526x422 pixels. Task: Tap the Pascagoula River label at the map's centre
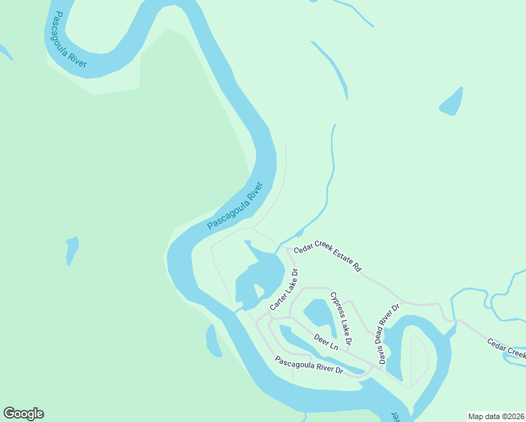point(236,206)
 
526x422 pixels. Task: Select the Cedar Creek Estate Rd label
point(328,257)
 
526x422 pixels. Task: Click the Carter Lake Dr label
point(285,290)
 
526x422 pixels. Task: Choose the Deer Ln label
point(326,342)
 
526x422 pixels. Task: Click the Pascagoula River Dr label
point(308,365)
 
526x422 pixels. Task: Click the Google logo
point(23,414)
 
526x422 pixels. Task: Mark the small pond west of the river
point(71,250)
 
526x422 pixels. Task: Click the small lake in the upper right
point(452,103)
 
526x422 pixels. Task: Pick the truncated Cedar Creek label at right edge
point(506,347)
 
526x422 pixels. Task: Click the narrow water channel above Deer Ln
point(309,340)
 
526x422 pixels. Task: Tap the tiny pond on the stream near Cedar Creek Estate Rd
point(299,233)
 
